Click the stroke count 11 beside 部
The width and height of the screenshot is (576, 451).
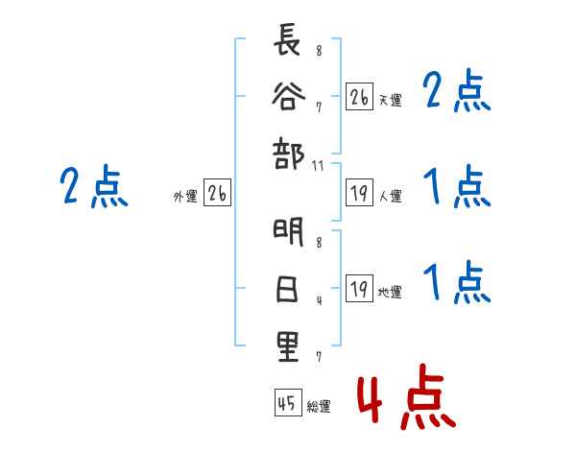point(319,166)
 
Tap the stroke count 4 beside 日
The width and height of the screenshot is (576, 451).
point(319,300)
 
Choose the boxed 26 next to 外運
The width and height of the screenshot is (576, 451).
point(218,195)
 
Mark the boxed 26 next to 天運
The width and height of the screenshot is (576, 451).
point(359,97)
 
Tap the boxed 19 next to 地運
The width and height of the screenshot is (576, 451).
point(359,290)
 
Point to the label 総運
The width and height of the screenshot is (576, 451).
point(319,407)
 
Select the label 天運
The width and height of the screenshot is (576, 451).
point(390,100)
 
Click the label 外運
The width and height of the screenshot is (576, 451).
point(185,197)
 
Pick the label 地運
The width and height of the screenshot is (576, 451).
point(390,293)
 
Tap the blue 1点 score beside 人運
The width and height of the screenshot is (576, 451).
point(457,187)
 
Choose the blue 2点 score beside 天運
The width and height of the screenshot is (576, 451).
point(457,93)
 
